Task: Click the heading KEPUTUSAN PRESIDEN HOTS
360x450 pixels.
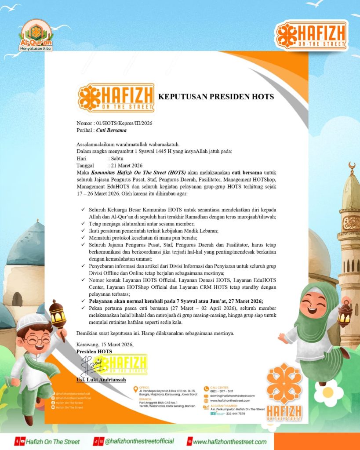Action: point(216,97)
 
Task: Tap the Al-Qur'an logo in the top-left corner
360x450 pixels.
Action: point(36,35)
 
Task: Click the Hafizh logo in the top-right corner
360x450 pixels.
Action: point(311,36)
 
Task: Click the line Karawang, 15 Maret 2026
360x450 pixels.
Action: point(105,345)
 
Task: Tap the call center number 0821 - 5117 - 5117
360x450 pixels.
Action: point(222,391)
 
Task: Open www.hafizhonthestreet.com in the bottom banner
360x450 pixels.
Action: point(230,441)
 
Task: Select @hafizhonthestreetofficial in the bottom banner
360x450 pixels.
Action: point(139,441)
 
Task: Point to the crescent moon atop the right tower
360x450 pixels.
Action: point(351,167)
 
